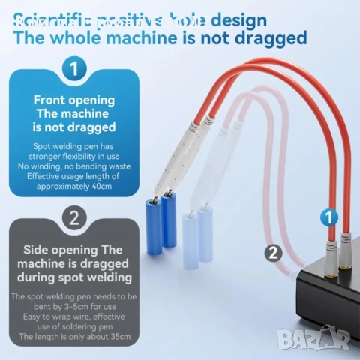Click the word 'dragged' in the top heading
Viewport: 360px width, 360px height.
coord(269,37)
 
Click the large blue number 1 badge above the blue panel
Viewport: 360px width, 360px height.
coord(73,70)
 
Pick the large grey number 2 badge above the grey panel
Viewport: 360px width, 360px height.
coord(73,220)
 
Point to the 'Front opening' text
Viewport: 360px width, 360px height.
coord(73,100)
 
